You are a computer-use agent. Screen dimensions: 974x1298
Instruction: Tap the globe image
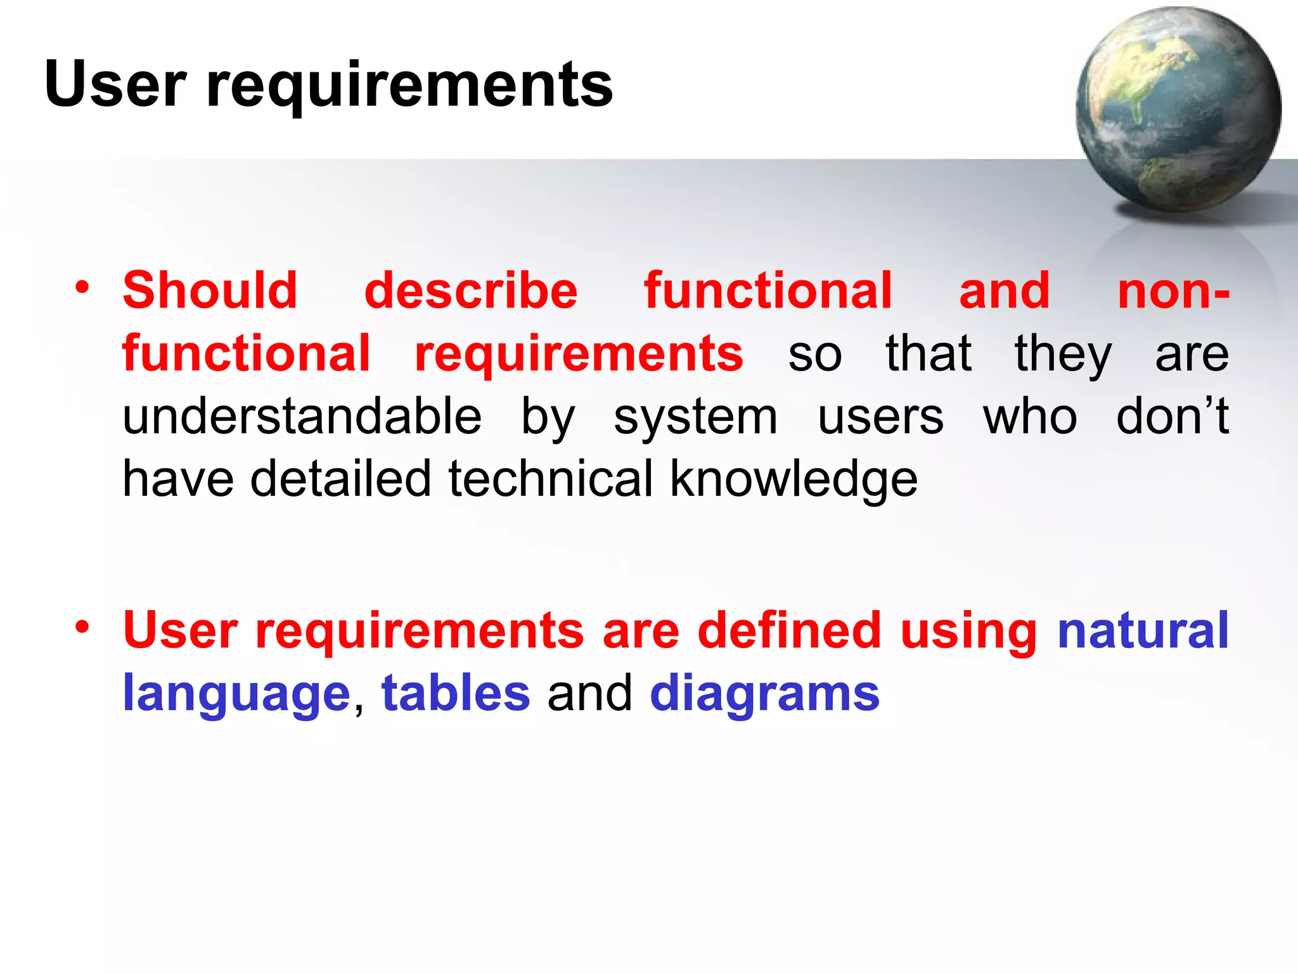pos(1178,109)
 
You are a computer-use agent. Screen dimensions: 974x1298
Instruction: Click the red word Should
pos(210,290)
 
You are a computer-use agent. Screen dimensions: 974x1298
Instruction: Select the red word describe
pos(471,290)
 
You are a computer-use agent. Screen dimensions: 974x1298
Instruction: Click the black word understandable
pos(302,417)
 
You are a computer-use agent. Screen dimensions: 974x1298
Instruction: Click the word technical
pos(550,479)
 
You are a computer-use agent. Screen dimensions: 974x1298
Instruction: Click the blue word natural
pos(1143,630)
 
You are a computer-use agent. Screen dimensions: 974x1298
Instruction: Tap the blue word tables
pos(455,693)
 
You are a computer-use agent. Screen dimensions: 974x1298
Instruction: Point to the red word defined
pos(789,630)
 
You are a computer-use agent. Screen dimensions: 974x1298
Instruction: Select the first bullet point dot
pos(82,288)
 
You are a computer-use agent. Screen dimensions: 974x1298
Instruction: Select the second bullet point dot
pos(82,627)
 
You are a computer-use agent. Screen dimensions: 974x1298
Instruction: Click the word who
pos(1030,417)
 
